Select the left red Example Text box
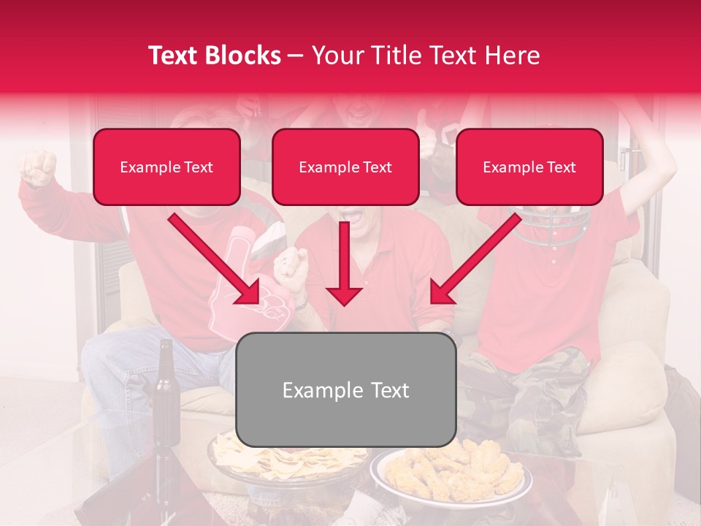pos(166,167)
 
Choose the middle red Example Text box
pos(345,167)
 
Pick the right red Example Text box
pos(529,167)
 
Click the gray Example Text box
pos(346,390)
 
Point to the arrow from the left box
pos(215,259)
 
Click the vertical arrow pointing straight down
pos(344,263)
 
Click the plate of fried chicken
pos(451,471)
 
